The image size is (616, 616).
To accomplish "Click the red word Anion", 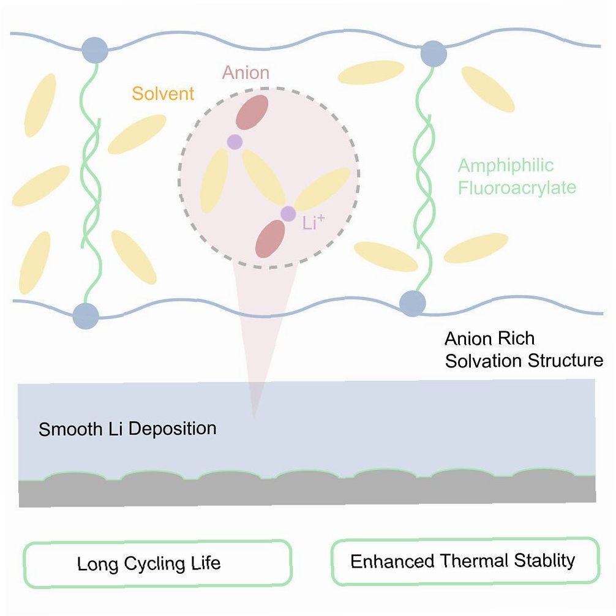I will [246, 73].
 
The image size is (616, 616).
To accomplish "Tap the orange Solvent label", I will [163, 94].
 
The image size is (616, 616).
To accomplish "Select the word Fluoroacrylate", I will [517, 186].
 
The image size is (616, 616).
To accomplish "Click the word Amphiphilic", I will [506, 165].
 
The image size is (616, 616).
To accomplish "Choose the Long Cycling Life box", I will [156, 563].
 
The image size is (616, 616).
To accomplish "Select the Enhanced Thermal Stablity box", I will [464, 560].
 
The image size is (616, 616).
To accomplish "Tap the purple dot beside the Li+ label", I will [288, 214].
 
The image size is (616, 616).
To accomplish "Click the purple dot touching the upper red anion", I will [235, 142].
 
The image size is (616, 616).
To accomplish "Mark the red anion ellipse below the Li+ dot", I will [271, 239].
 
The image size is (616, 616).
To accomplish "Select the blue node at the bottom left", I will [85, 317].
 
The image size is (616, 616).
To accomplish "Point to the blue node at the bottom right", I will [412, 302].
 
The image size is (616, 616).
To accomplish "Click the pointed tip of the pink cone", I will [254, 418].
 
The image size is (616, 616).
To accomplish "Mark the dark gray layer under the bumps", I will [306, 493].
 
